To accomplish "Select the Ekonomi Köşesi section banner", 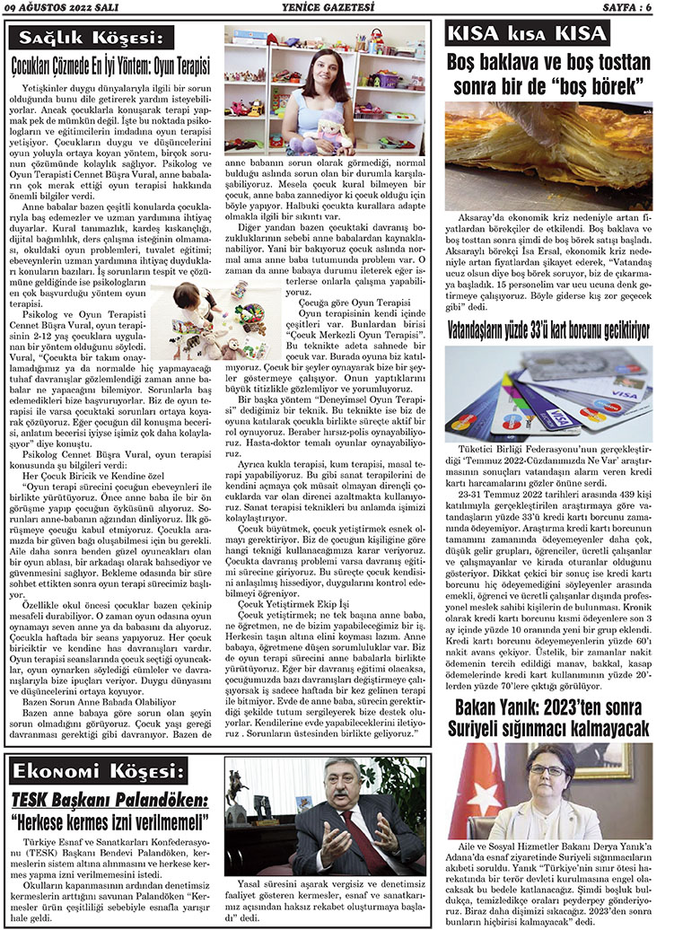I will [95, 771].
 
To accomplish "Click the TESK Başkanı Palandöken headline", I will [110, 800].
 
